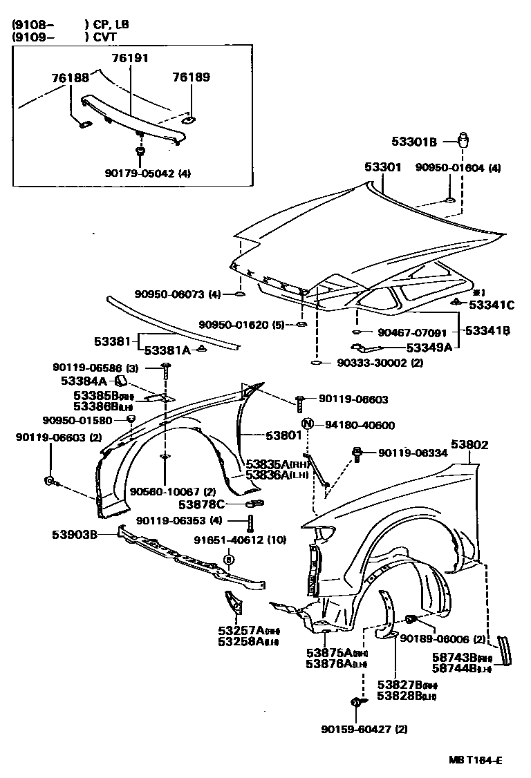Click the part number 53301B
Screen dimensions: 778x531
tap(414, 142)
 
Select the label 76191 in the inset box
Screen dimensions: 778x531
tap(131, 59)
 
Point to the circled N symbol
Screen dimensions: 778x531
tap(308, 425)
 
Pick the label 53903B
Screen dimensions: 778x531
tap(74, 533)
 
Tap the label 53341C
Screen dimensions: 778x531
tap(492, 304)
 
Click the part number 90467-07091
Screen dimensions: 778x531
tap(413, 332)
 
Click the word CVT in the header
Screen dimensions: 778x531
tap(106, 37)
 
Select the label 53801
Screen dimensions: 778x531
tap(283, 436)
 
